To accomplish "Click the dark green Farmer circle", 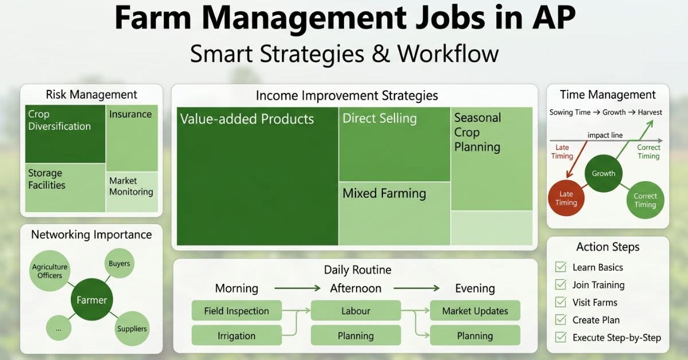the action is [92, 299].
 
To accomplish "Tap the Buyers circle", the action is [119, 263].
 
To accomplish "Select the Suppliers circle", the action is [132, 328].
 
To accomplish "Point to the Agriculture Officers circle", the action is [50, 271].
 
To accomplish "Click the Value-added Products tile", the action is [257, 176].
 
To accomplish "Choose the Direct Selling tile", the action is [394, 144].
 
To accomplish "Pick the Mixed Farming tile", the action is [394, 214].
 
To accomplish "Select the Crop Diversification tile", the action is [65, 134].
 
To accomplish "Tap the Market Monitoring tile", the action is [132, 192].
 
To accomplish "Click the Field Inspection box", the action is [236, 311].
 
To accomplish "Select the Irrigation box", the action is [236, 335].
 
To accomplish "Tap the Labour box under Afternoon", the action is [355, 311].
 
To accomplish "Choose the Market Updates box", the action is [475, 311].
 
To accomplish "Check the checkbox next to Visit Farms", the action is [561, 302].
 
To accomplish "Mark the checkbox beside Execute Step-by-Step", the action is [561, 337].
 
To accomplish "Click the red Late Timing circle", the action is [566, 198].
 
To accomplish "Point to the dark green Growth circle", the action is [604, 174].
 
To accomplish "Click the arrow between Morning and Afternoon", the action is [298, 288].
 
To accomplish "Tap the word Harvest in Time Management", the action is [650, 112].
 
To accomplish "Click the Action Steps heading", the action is [608, 246].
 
